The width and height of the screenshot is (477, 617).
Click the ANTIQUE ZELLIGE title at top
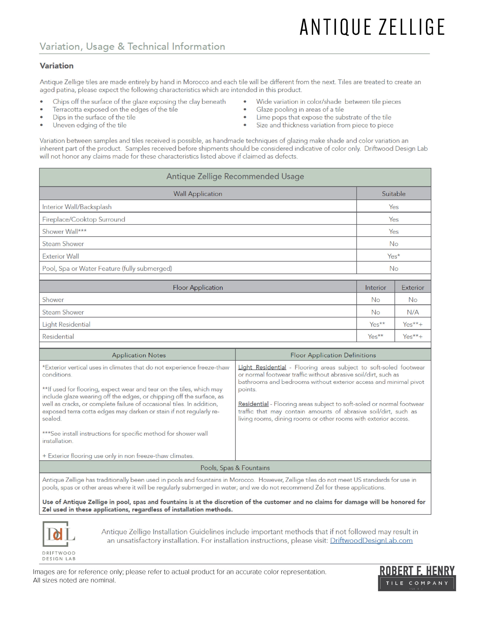(x=372, y=27)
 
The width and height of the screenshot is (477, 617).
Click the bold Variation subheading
(x=56, y=66)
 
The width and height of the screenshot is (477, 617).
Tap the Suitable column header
(x=393, y=194)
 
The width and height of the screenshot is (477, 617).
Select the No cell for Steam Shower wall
(x=393, y=244)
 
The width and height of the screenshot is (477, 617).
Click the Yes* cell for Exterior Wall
(x=393, y=256)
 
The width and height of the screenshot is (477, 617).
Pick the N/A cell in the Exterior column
(x=413, y=312)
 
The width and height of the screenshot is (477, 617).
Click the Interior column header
(x=375, y=288)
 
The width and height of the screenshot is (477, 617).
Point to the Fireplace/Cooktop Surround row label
(x=84, y=220)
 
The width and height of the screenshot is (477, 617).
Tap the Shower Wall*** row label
(x=64, y=232)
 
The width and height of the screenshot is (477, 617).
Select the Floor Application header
(x=198, y=288)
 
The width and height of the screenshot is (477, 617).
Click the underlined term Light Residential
(x=262, y=367)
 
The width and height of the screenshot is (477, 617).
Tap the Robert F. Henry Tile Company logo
(x=416, y=578)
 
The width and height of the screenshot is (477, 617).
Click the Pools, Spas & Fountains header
(x=235, y=468)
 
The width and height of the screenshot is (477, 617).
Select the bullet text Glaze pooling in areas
(x=300, y=110)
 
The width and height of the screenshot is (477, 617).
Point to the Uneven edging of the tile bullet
(x=89, y=125)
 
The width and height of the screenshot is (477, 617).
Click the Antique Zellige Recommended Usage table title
(x=235, y=177)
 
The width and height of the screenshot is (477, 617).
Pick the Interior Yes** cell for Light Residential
(x=377, y=324)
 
